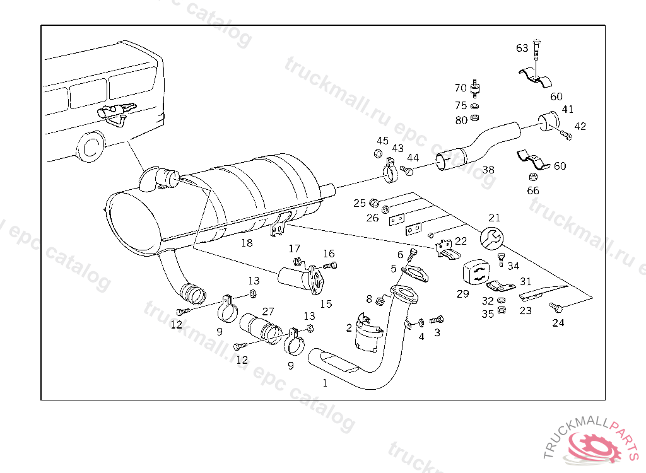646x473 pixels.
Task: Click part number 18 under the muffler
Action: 247,242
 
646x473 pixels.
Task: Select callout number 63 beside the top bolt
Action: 522,48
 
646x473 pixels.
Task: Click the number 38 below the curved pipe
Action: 488,170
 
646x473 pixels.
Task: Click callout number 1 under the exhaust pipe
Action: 325,382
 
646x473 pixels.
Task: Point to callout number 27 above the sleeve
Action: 268,311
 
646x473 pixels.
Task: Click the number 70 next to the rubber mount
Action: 461,88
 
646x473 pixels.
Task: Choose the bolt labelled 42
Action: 565,135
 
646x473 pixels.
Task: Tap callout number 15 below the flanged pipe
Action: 326,304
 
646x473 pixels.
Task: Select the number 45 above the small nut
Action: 383,141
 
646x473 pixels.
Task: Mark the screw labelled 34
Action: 502,258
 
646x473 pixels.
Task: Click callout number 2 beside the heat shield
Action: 348,327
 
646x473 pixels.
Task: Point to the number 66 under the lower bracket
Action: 533,190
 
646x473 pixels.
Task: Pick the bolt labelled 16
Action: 332,265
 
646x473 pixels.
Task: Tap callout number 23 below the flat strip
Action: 526,310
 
